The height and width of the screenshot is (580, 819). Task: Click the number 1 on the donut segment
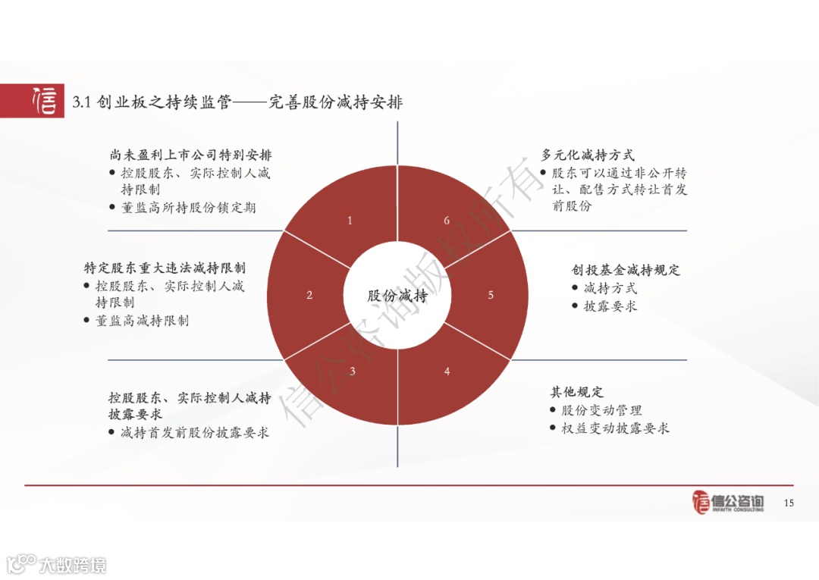[350, 221]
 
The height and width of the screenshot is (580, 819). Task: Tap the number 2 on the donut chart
[309, 295]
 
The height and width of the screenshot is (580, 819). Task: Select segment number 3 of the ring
[352, 371]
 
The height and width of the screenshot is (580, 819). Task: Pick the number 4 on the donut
[447, 371]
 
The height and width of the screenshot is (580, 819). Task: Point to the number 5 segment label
[491, 295]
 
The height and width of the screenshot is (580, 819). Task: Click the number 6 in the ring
[447, 221]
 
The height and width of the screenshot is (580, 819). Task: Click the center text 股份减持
[397, 296]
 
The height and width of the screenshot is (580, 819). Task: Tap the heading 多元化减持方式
[588, 155]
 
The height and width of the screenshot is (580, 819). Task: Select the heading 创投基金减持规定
[626, 270]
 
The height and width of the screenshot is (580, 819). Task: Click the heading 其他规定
[576, 392]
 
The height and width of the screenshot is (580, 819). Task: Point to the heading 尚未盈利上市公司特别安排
[190, 155]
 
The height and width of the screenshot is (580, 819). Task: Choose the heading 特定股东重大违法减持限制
[165, 268]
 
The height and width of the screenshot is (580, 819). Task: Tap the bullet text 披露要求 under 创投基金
[610, 306]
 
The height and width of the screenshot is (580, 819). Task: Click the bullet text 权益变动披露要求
[616, 428]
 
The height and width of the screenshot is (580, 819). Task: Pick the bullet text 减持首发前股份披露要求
[195, 433]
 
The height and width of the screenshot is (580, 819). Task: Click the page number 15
[789, 503]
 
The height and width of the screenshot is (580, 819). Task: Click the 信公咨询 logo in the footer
[728, 502]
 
